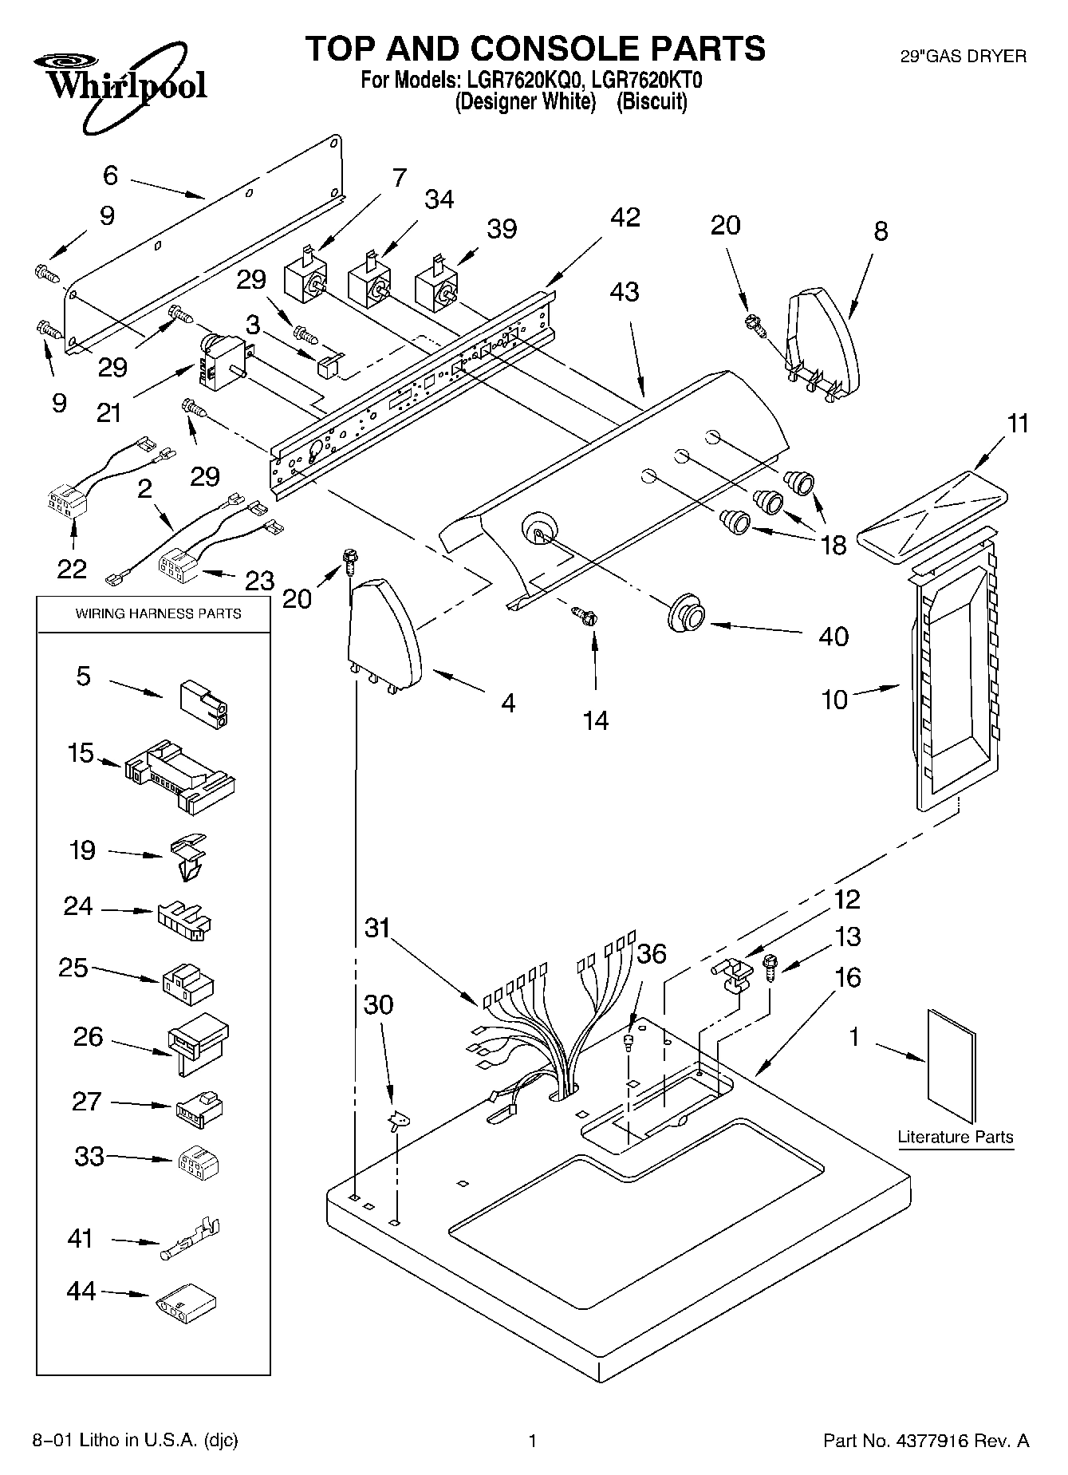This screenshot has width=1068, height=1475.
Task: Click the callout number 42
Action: pos(625,217)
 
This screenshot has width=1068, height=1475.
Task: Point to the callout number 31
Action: pos(378,928)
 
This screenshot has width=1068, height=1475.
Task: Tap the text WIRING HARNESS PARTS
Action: pos(158,613)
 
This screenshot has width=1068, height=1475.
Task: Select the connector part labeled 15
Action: pos(180,777)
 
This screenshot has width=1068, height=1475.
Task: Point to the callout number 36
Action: pos(652,953)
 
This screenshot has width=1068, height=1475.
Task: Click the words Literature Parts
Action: pos(955,1137)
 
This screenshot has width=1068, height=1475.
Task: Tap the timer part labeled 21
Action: pos(220,363)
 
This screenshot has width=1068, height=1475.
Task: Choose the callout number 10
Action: pos(834,700)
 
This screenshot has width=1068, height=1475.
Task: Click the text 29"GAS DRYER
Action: pos(963,57)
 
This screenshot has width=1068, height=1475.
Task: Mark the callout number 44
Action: pos(81,1291)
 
